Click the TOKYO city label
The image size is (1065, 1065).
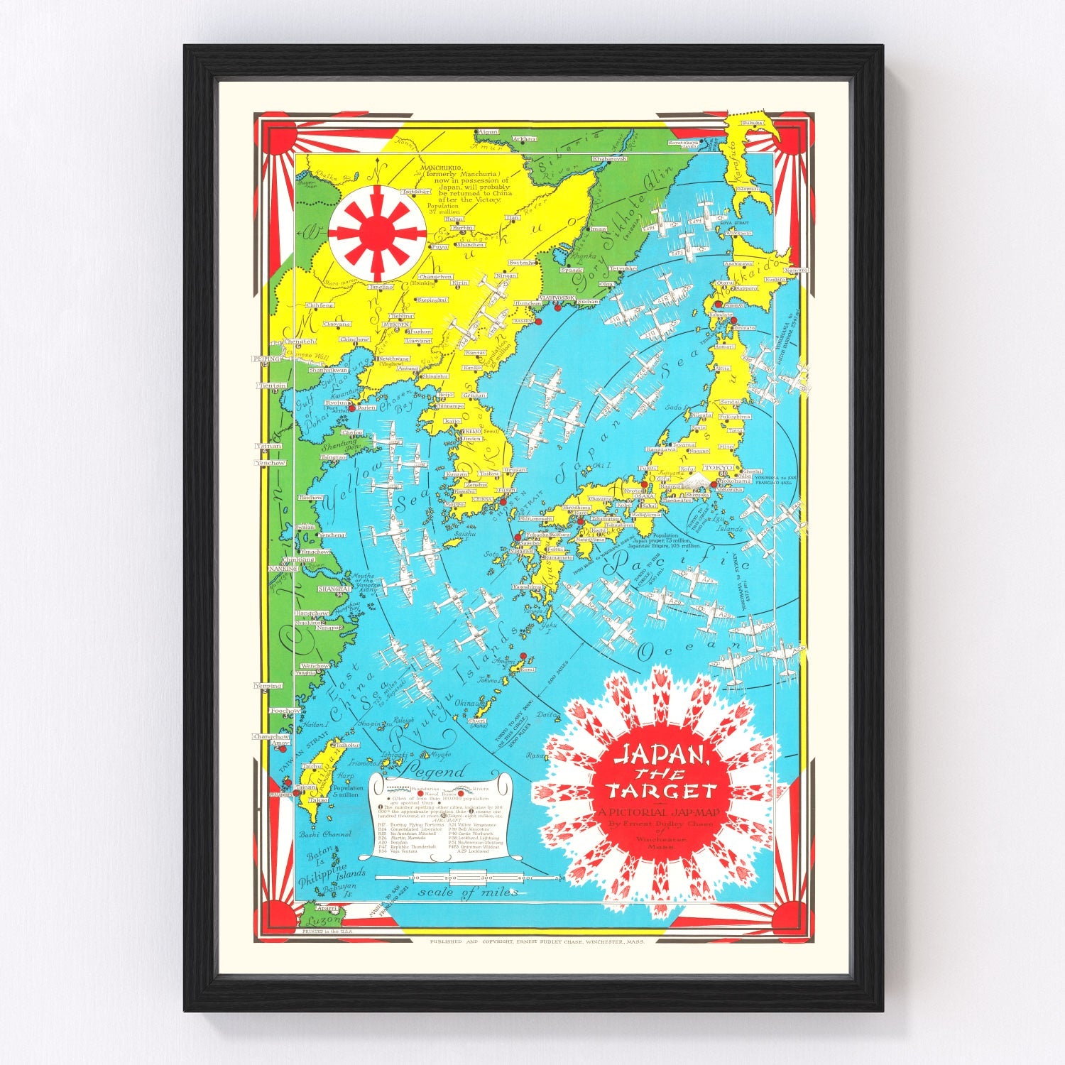715,468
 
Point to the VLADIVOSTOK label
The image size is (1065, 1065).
556,297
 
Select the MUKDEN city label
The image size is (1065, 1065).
397,324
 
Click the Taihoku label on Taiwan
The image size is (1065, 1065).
347,745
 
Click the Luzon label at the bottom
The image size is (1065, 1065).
315,921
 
